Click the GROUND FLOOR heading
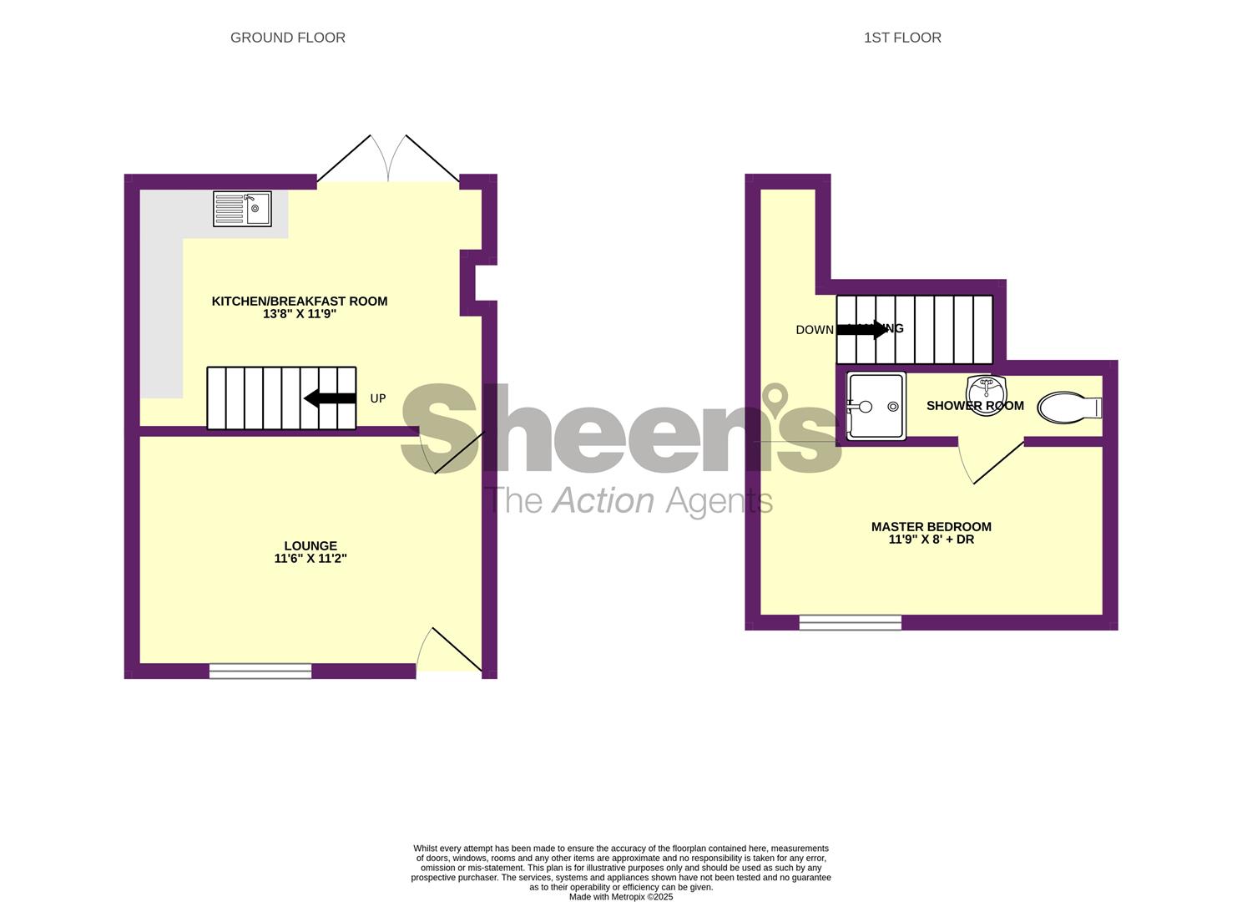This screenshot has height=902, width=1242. (287, 38)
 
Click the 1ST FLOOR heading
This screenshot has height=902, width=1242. (902, 38)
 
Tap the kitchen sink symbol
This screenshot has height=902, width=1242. (242, 209)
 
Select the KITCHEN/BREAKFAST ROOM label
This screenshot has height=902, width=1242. (299, 302)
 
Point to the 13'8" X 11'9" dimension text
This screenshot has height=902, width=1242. (299, 315)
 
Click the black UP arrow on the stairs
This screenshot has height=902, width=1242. (330, 398)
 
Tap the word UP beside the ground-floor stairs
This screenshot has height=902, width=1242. (378, 399)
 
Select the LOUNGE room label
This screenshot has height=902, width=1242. (310, 546)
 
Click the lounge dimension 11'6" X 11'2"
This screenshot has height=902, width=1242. (310, 559)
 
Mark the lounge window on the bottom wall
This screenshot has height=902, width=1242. (260, 670)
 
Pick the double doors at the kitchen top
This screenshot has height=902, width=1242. (388, 159)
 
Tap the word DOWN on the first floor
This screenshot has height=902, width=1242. (815, 330)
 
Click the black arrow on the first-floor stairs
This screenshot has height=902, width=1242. (862, 330)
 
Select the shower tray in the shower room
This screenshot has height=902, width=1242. (876, 407)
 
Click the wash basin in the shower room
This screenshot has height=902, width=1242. (986, 389)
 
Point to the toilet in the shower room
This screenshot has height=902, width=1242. (1069, 408)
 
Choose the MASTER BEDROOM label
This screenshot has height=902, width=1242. (931, 527)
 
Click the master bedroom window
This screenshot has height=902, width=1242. (850, 622)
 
